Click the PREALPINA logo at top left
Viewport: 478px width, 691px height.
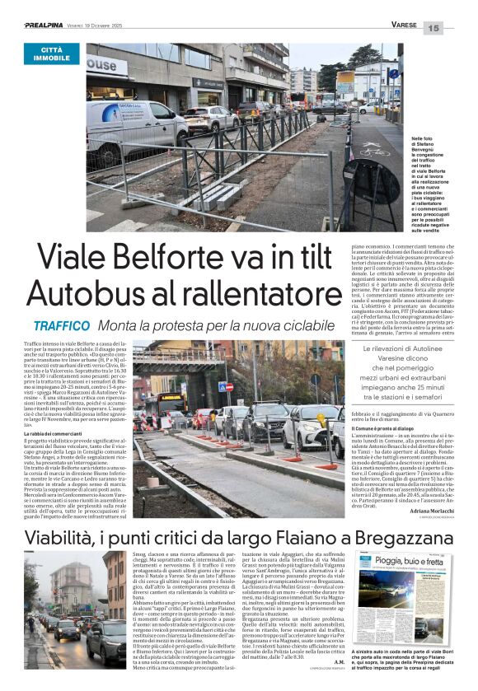point(49,26)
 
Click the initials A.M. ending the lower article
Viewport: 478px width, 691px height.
point(340,661)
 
